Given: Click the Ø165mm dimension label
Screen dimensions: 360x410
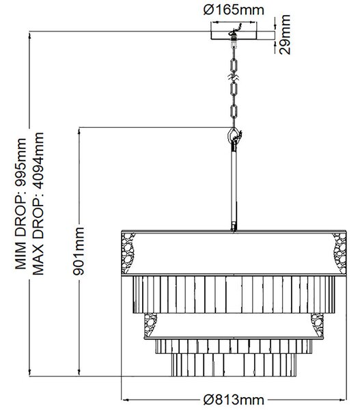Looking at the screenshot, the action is [x=234, y=10].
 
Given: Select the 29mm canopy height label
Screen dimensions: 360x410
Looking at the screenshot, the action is [x=285, y=35].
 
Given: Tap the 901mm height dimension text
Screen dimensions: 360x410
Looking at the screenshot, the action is [x=79, y=251].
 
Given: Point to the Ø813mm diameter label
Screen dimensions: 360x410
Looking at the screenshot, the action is [x=234, y=400].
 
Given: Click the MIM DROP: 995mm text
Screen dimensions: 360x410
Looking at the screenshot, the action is [x=20, y=204].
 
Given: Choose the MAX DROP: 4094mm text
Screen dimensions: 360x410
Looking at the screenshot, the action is [x=38, y=204].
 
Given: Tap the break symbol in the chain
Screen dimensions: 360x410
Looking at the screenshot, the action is [x=234, y=78].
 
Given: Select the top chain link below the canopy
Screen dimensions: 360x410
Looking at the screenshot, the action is [x=234, y=65].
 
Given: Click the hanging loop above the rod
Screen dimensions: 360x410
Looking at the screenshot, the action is [x=234, y=135].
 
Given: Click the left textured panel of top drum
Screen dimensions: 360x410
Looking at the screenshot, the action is [x=128, y=253].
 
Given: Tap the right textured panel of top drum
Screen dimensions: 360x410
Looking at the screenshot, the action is [x=340, y=253].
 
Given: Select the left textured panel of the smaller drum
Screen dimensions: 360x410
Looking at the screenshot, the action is [x=150, y=325].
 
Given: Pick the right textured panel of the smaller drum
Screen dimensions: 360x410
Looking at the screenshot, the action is [x=317, y=325].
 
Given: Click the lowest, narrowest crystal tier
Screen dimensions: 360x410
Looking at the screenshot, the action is [x=234, y=365].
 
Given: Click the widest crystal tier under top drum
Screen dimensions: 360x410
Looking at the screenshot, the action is [x=234, y=295].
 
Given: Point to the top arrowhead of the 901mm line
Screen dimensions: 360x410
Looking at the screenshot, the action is [x=79, y=131].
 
